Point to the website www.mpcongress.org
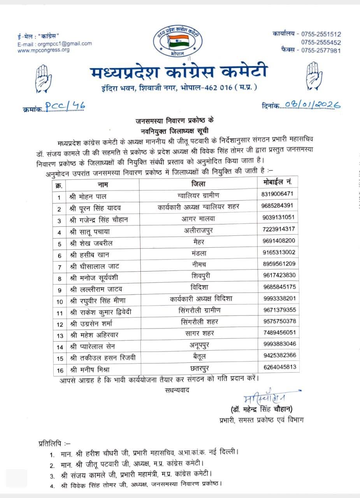coord(44,50)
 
